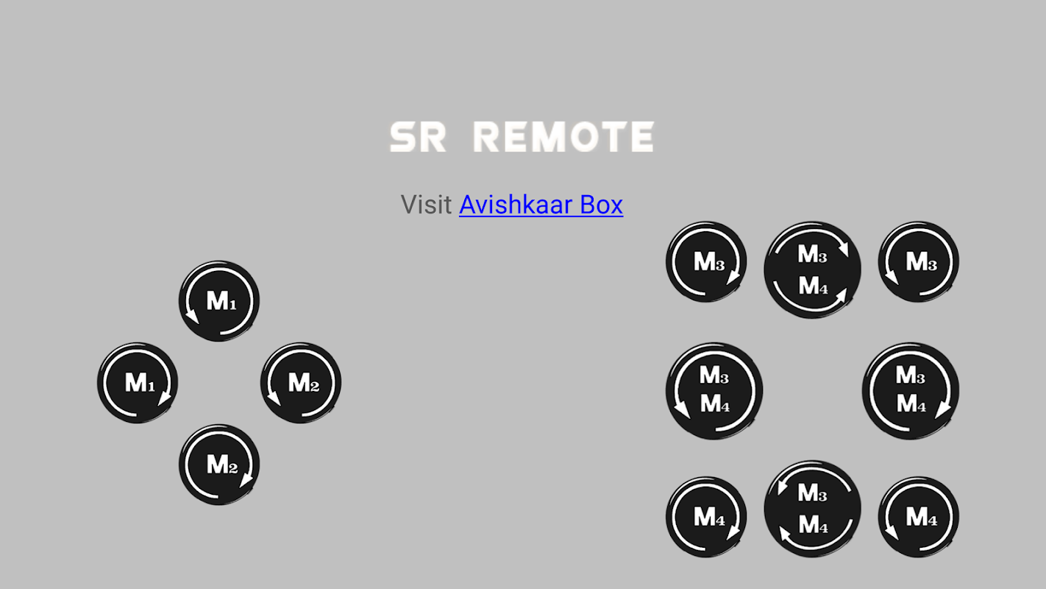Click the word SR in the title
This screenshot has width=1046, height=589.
[x=418, y=138]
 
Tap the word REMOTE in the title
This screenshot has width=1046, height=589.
[x=563, y=138]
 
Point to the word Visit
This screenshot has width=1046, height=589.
[x=426, y=204]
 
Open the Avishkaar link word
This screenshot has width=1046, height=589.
[x=516, y=204]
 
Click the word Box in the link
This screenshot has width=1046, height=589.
[x=601, y=204]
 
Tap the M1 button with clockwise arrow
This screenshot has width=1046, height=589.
[x=138, y=383]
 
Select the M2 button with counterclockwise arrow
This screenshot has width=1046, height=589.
[x=301, y=383]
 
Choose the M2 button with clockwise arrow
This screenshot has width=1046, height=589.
[x=219, y=465]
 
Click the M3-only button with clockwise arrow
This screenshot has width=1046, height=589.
[x=706, y=262]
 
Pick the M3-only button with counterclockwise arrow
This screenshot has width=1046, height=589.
[x=919, y=262]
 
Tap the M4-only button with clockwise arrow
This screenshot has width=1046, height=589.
[x=706, y=517]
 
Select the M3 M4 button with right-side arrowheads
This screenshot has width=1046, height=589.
[x=812, y=269]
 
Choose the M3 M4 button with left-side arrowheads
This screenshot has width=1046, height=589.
[x=812, y=509]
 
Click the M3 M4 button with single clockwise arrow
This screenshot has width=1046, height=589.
[x=911, y=390]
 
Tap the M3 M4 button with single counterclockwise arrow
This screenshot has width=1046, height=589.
[x=714, y=390]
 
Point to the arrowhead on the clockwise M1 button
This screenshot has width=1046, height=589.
[x=165, y=398]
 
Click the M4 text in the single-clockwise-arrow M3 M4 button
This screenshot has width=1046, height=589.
[x=911, y=404]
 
